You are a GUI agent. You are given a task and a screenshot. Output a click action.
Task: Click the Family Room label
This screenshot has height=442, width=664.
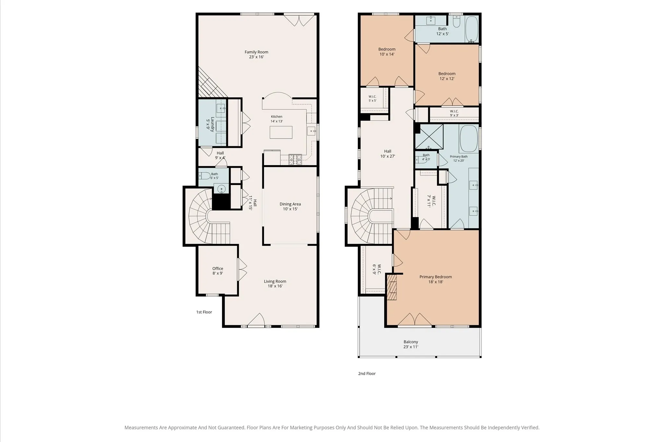click(256, 52)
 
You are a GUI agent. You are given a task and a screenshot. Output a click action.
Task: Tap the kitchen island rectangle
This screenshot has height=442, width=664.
click(281, 132)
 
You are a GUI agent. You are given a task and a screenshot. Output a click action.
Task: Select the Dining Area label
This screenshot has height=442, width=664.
click(290, 204)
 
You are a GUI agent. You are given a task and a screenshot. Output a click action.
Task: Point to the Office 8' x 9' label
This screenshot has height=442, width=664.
click(218, 271)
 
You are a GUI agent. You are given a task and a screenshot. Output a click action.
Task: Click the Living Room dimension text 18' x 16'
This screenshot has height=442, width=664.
click(275, 286)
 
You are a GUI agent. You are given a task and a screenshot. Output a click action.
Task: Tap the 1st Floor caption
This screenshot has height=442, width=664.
click(204, 312)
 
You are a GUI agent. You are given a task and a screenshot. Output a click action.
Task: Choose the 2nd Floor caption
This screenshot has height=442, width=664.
click(367, 374)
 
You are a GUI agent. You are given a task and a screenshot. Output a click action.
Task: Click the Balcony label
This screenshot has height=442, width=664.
click(411, 342)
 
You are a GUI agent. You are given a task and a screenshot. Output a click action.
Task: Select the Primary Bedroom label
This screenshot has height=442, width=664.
click(435, 277)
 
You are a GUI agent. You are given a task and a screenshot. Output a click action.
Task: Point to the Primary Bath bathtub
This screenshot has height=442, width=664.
click(468, 139)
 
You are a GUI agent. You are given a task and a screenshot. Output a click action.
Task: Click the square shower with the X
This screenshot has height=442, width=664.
click(429, 137)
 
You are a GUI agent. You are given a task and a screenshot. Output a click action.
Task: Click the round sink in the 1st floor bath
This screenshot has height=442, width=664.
click(221, 189)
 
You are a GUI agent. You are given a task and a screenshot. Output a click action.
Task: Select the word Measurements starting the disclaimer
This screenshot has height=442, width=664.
click(141, 428)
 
